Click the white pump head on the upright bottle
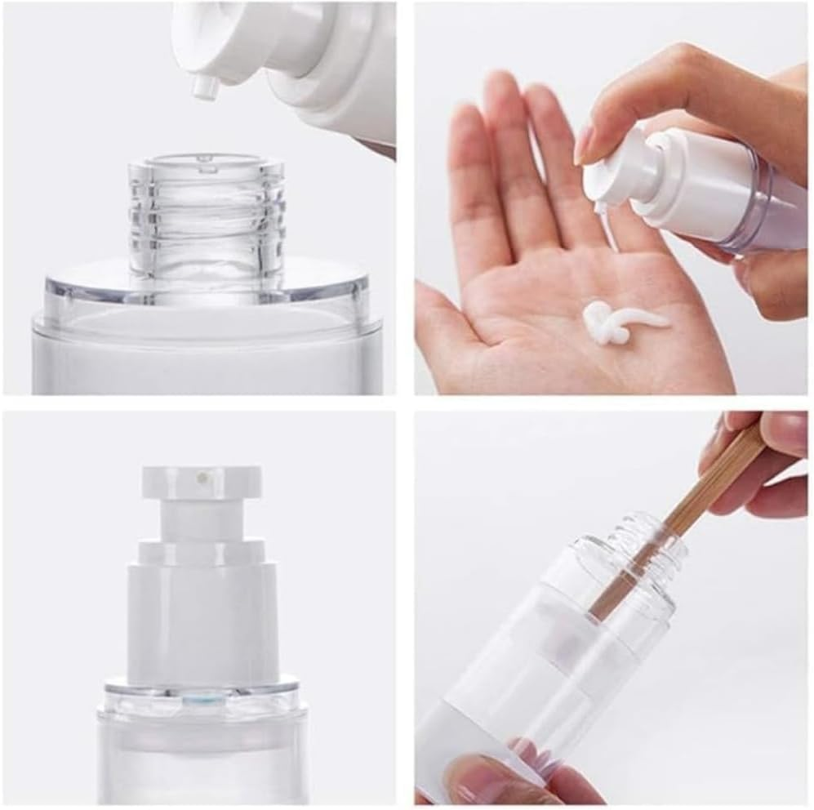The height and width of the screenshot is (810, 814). click(202, 482)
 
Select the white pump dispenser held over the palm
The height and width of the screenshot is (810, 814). click(653, 184)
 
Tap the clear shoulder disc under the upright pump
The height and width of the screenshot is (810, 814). click(200, 690)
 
